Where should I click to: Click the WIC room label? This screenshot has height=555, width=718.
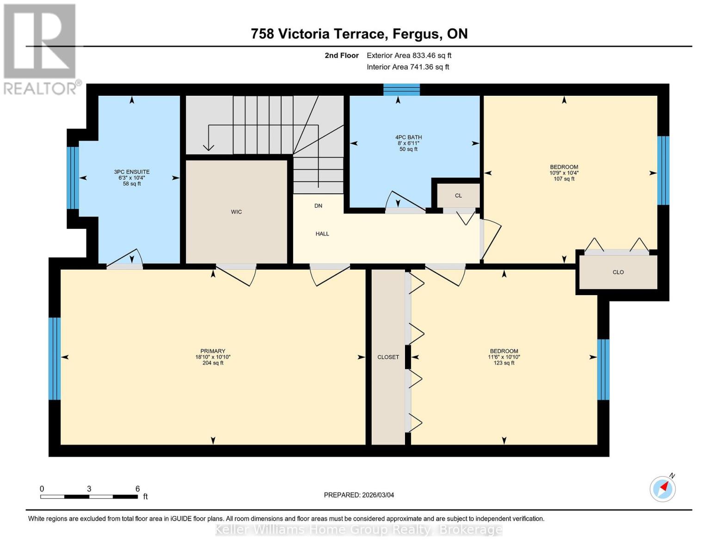(x=236, y=212)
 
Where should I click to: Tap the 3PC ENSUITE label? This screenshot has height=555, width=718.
(x=132, y=172)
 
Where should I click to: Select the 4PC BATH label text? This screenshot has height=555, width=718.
(x=408, y=137)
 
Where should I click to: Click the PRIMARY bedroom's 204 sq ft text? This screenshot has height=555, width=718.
(x=213, y=363)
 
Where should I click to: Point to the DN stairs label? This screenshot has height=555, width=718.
(x=318, y=206)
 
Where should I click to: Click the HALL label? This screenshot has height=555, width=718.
(x=322, y=234)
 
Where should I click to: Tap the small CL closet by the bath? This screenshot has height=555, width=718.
(x=458, y=196)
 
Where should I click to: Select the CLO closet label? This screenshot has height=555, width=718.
(x=618, y=272)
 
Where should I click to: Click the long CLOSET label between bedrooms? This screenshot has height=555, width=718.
(x=388, y=357)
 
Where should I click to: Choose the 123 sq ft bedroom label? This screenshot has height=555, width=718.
(x=504, y=363)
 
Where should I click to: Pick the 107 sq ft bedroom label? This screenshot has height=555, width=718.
(x=564, y=179)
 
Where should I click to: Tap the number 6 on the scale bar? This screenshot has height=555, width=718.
(x=137, y=489)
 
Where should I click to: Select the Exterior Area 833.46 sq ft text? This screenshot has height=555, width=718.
(x=409, y=55)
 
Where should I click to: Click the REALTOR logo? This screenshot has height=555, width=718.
(x=40, y=49)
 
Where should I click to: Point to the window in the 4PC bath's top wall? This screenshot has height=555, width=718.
(x=401, y=90)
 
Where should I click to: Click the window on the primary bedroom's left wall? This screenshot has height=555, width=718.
(x=55, y=358)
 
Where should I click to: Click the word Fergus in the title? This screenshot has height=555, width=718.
(x=416, y=34)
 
